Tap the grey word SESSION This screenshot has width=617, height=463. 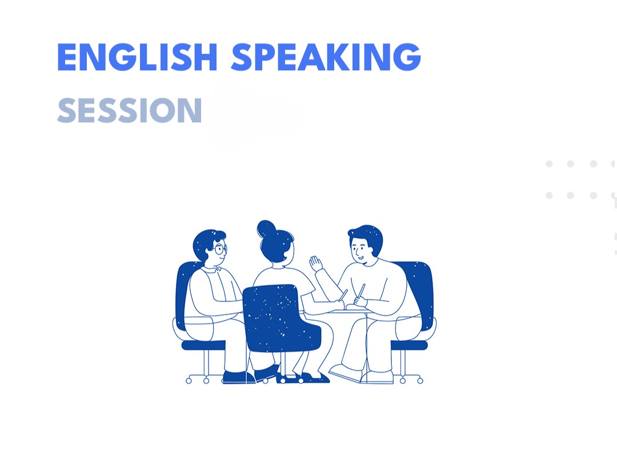point(130,111)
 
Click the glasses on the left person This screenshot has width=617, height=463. point(221,249)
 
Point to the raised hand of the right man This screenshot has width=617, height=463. point(315,264)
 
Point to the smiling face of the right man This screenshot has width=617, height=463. point(360,250)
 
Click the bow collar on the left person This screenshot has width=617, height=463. point(217,269)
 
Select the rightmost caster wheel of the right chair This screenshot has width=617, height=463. point(420,381)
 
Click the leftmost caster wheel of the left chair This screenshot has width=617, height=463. point(189,381)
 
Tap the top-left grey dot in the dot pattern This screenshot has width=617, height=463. point(549,163)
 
